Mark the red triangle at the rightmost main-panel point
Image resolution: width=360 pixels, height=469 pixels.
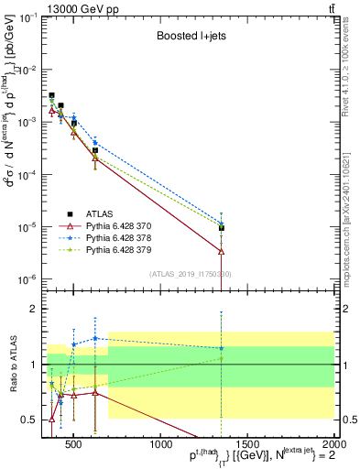[x=222, y=250]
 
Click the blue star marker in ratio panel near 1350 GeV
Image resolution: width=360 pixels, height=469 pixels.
[x=222, y=348]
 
